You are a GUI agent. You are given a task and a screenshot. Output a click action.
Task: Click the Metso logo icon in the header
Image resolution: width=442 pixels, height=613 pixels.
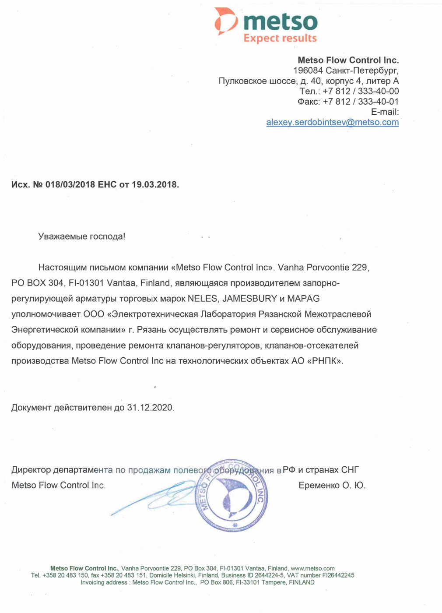(225, 21)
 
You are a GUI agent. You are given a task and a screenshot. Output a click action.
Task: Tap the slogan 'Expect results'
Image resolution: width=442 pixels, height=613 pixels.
(280, 38)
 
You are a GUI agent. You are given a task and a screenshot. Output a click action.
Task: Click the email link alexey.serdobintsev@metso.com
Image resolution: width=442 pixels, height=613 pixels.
(333, 122)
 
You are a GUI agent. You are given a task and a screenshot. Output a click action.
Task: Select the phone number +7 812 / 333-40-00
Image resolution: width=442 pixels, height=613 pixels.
(361, 91)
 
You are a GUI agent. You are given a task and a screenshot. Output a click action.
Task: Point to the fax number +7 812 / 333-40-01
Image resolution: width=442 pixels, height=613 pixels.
(361, 102)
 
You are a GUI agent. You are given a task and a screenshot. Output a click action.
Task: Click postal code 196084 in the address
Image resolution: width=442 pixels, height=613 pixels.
(308, 70)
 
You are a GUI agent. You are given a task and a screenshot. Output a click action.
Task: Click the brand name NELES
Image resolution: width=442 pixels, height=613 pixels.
(203, 299)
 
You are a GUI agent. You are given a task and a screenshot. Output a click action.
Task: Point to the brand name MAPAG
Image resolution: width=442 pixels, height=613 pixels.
(303, 299)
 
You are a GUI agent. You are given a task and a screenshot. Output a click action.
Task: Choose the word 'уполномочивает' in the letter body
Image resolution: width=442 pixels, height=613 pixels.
(46, 314)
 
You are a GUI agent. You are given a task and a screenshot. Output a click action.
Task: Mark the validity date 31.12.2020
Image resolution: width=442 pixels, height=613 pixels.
(150, 408)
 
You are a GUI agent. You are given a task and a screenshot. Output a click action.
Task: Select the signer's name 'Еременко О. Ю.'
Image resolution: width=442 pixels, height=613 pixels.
(332, 486)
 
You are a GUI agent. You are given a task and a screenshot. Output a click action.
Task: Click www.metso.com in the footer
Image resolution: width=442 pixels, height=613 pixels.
(312, 568)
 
